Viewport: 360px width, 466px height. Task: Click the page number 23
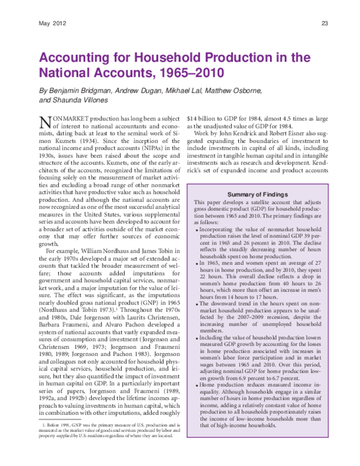[x=325, y=24]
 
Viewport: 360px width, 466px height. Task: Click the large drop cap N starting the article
[x=44, y=122]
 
